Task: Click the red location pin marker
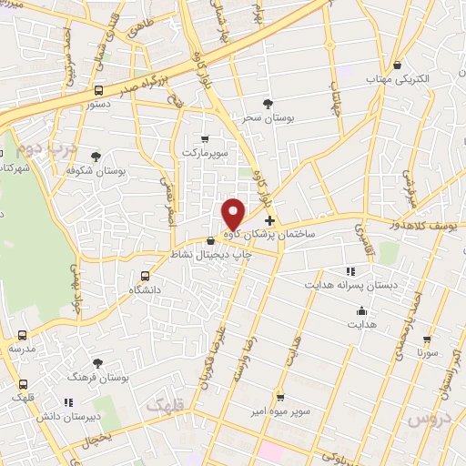(234, 214)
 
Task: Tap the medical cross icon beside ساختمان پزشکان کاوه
(269, 220)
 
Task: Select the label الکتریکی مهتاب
(398, 79)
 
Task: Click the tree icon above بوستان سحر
(267, 105)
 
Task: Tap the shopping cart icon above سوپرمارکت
(204, 139)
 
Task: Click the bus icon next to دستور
(98, 90)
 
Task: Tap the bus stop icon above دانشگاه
(145, 276)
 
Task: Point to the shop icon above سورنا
(427, 339)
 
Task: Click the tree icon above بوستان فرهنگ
(97, 362)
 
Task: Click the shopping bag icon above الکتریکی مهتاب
(398, 65)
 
